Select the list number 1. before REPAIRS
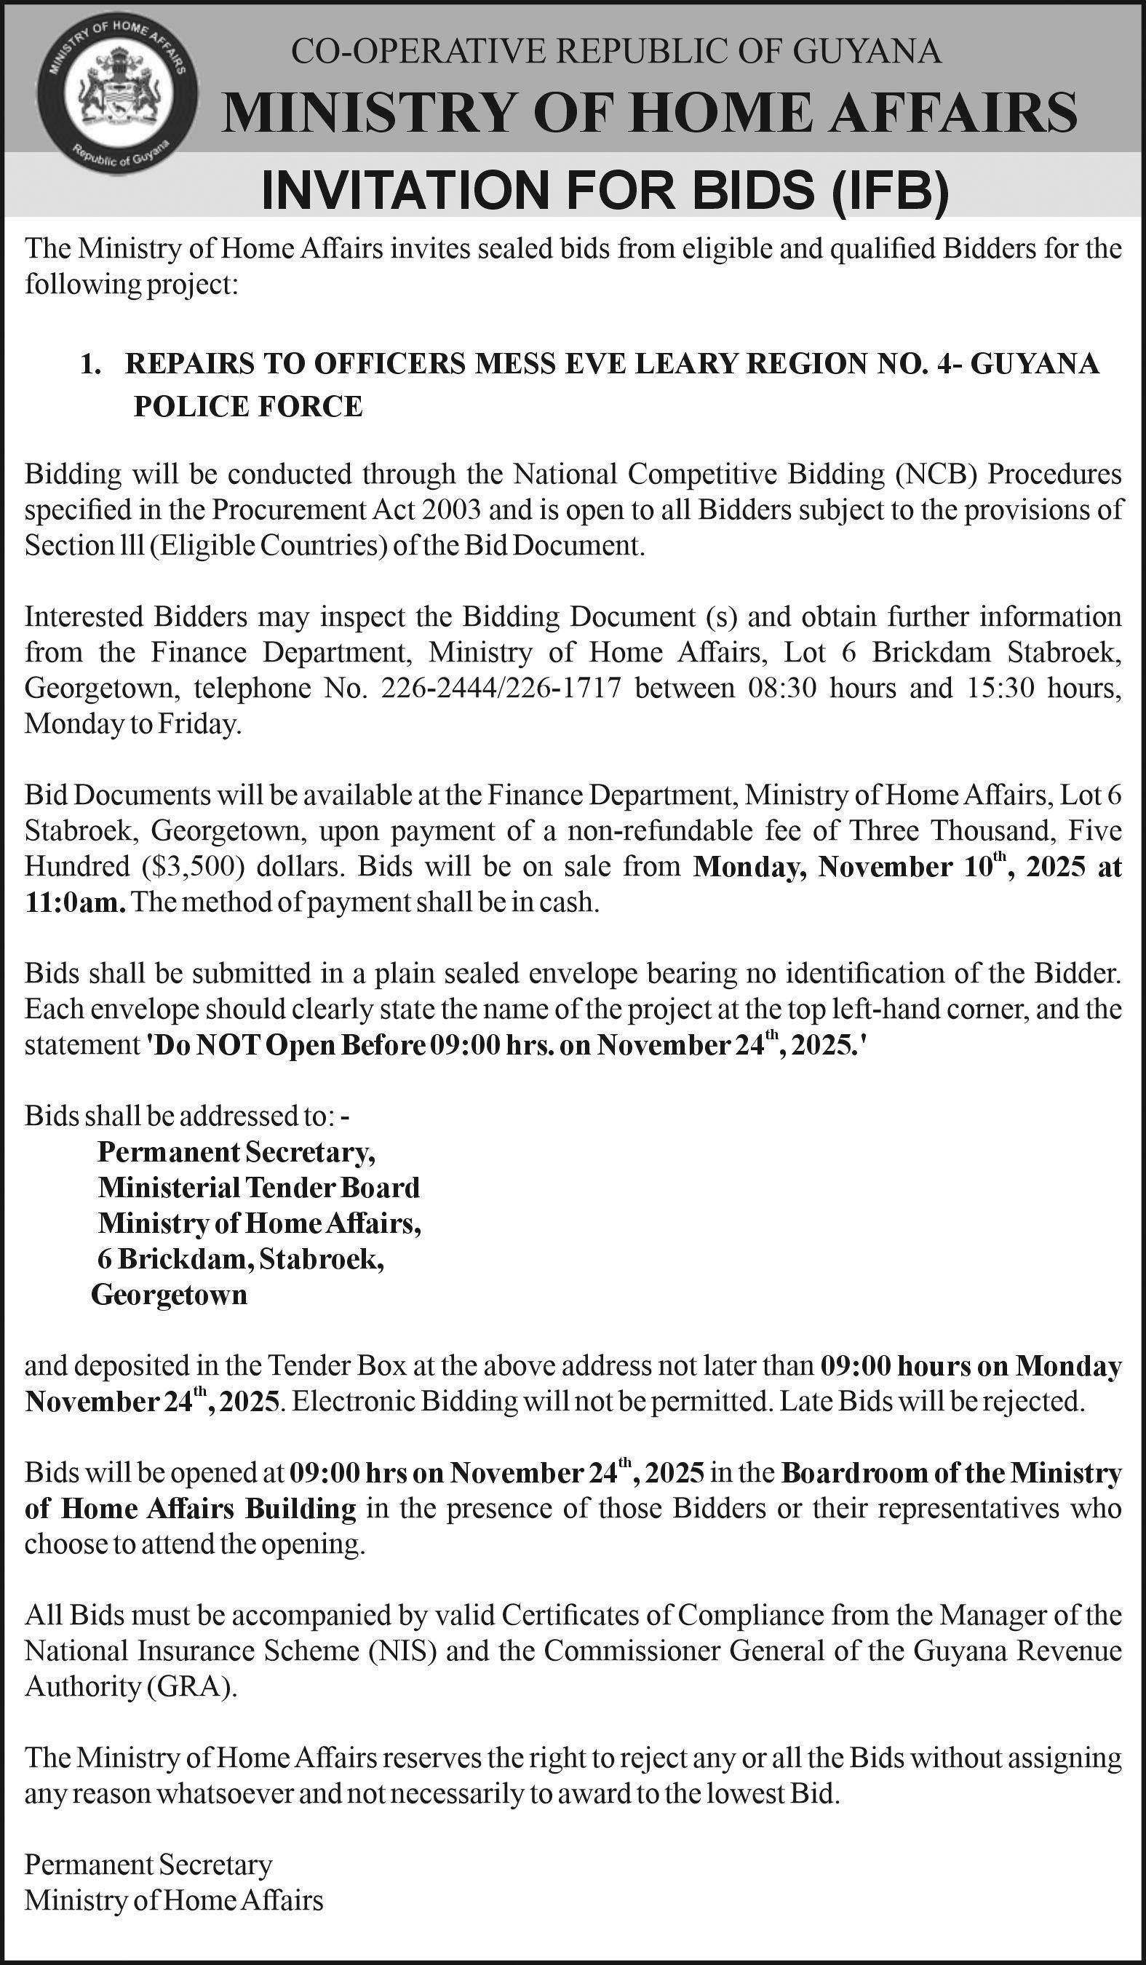point(91,363)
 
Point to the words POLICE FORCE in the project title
point(248,406)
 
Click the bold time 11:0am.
point(75,903)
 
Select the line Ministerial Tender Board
point(259,1188)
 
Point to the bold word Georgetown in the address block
point(169,1295)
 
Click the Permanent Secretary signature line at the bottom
point(148,1865)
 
